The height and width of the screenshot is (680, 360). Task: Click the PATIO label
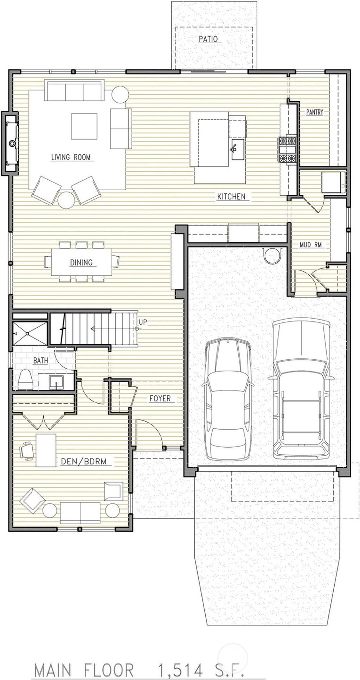pyautogui.click(x=208, y=39)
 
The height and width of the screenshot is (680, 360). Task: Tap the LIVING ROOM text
pyautogui.click(x=71, y=157)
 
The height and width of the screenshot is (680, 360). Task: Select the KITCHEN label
pyautogui.click(x=231, y=197)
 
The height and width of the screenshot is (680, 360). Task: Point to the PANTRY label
pyautogui.click(x=314, y=112)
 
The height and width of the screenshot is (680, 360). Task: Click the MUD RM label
pyautogui.click(x=310, y=245)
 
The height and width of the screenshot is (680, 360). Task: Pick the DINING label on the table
pyautogui.click(x=81, y=262)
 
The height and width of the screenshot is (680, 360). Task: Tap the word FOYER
pyautogui.click(x=160, y=398)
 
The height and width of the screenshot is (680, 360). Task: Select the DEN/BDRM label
pyautogui.click(x=84, y=461)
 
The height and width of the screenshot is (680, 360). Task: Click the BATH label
pyautogui.click(x=41, y=360)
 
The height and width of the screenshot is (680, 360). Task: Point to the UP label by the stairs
pyautogui.click(x=142, y=322)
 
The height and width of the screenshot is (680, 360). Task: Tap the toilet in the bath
pyautogui.click(x=25, y=380)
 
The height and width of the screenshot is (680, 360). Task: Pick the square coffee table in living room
pyautogui.click(x=84, y=126)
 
